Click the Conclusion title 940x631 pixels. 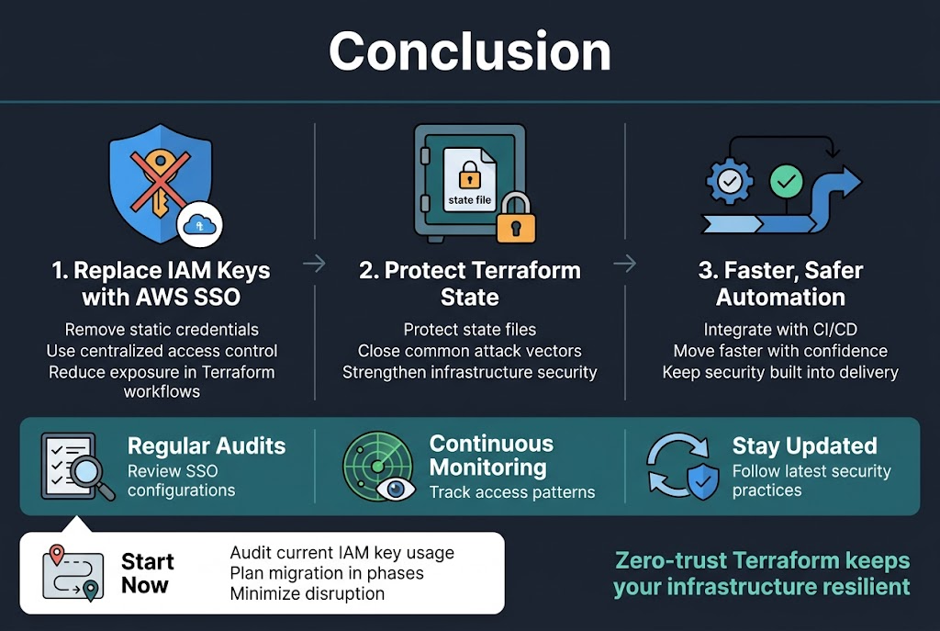[x=469, y=51]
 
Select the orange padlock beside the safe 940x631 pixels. [x=515, y=219]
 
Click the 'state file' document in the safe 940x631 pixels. [x=469, y=183]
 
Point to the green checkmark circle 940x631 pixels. [x=786, y=181]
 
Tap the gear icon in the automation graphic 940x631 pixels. [x=730, y=183]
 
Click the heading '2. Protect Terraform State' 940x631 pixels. [x=469, y=284]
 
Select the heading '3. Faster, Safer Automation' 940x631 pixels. [x=780, y=284]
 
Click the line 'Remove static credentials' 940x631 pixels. [x=162, y=329]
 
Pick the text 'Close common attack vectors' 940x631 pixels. [x=469, y=351]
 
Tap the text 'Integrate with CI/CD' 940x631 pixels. [x=780, y=329]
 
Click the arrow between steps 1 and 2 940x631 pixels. [x=314, y=265]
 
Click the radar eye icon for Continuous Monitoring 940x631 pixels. [x=378, y=466]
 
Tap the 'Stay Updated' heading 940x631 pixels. [x=804, y=446]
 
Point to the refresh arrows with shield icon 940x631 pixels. [x=682, y=467]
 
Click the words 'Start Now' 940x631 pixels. [x=146, y=573]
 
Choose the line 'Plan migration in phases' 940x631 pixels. [x=326, y=573]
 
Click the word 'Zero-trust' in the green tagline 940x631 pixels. [x=662, y=560]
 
